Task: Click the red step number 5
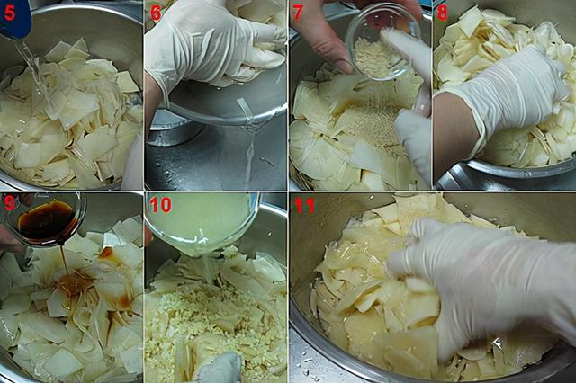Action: pyautogui.click(x=10, y=13)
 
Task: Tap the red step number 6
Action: pyautogui.click(x=156, y=13)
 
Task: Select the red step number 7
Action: pyautogui.click(x=297, y=13)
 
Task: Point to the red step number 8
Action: pyautogui.click(x=443, y=13)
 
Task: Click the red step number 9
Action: pyautogui.click(x=10, y=204)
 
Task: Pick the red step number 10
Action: pyautogui.click(x=160, y=205)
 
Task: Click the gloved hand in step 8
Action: pyautogui.click(x=503, y=99)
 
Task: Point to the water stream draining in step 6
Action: pyautogui.click(x=250, y=147)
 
